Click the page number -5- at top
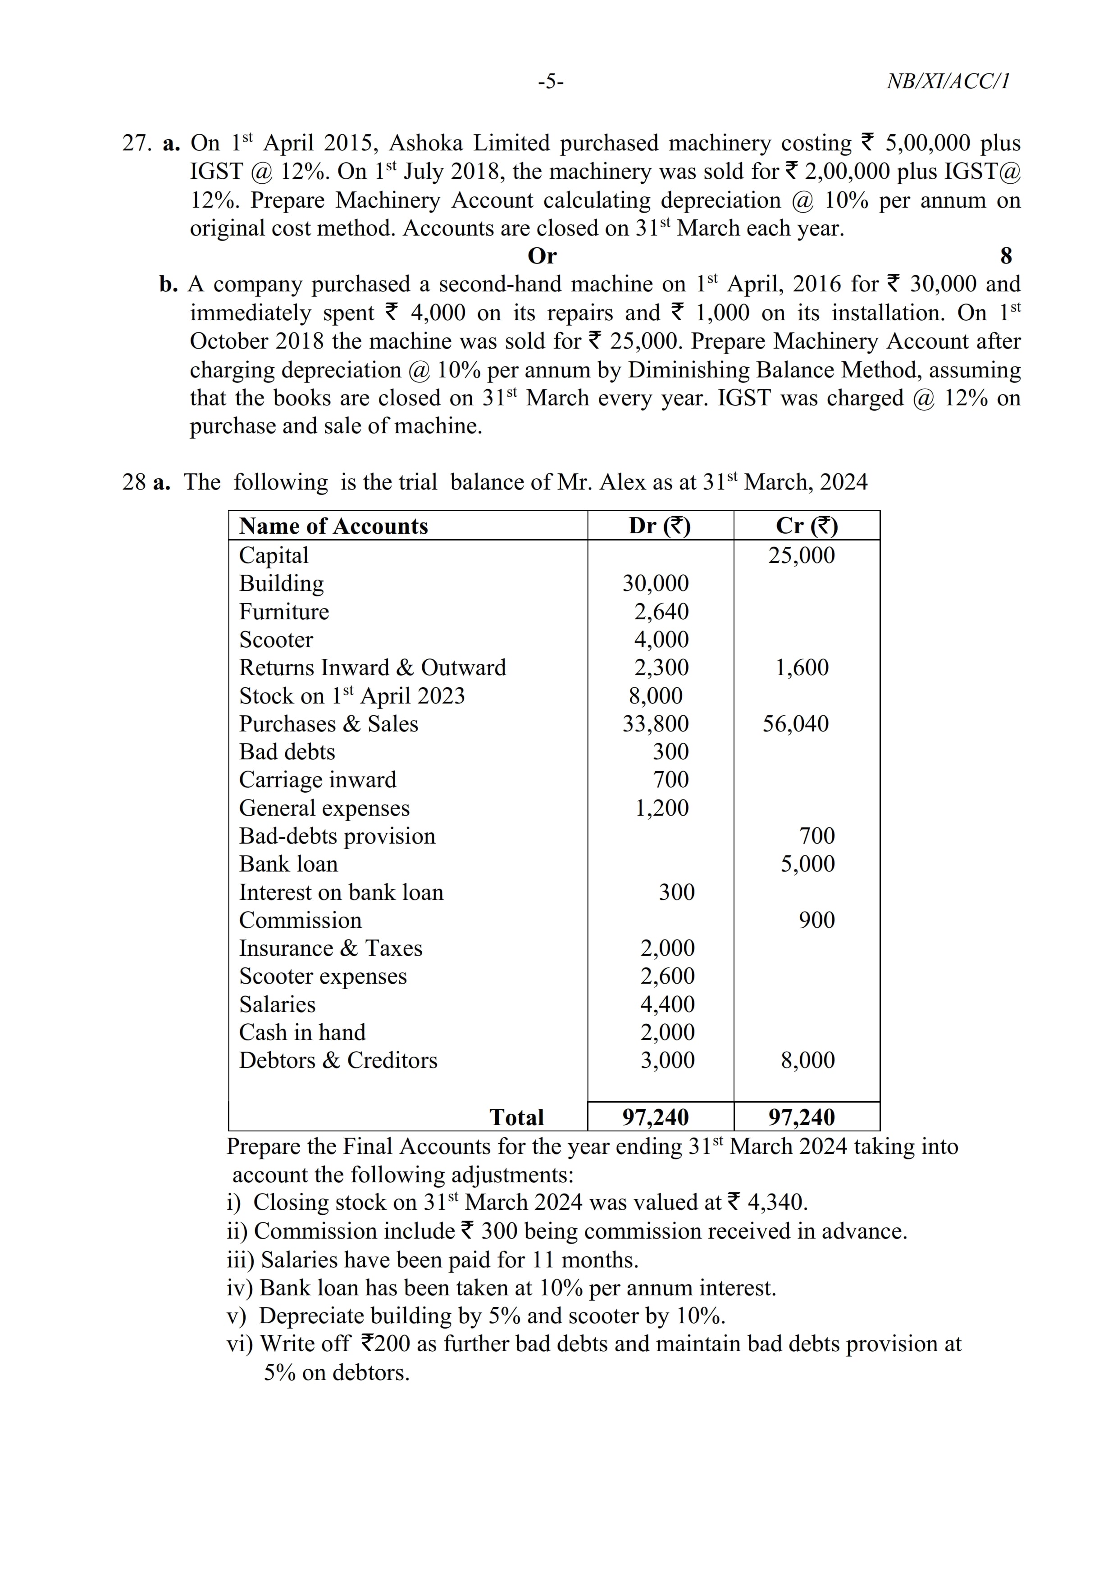(551, 82)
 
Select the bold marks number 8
(1006, 256)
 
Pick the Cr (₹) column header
(806, 527)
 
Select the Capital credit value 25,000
(801, 555)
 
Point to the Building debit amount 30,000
(655, 584)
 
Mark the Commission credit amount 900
(816, 920)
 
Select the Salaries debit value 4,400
(667, 1005)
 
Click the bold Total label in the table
(516, 1117)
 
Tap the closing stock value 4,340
(776, 1202)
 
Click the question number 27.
(136, 143)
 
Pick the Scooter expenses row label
(323, 976)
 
